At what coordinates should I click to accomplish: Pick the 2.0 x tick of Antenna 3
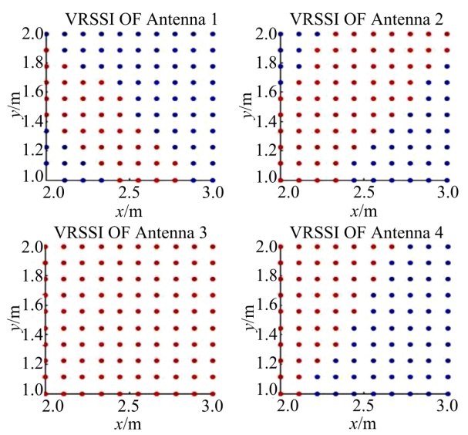[x=46, y=405]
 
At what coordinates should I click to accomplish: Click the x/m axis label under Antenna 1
[x=128, y=206]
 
